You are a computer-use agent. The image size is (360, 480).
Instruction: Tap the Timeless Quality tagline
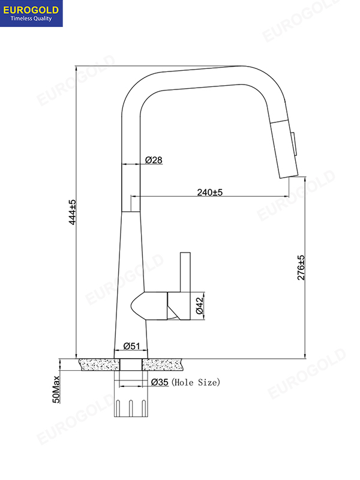[34, 18]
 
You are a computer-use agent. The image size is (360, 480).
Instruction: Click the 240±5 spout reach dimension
[210, 193]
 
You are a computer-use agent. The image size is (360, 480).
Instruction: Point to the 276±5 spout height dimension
[301, 268]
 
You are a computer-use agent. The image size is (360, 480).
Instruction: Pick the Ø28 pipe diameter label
[154, 160]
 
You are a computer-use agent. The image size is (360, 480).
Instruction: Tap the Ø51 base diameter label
[131, 346]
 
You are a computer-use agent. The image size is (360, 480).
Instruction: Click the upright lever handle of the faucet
[185, 273]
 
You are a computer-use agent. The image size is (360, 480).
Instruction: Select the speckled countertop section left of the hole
[98, 364]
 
